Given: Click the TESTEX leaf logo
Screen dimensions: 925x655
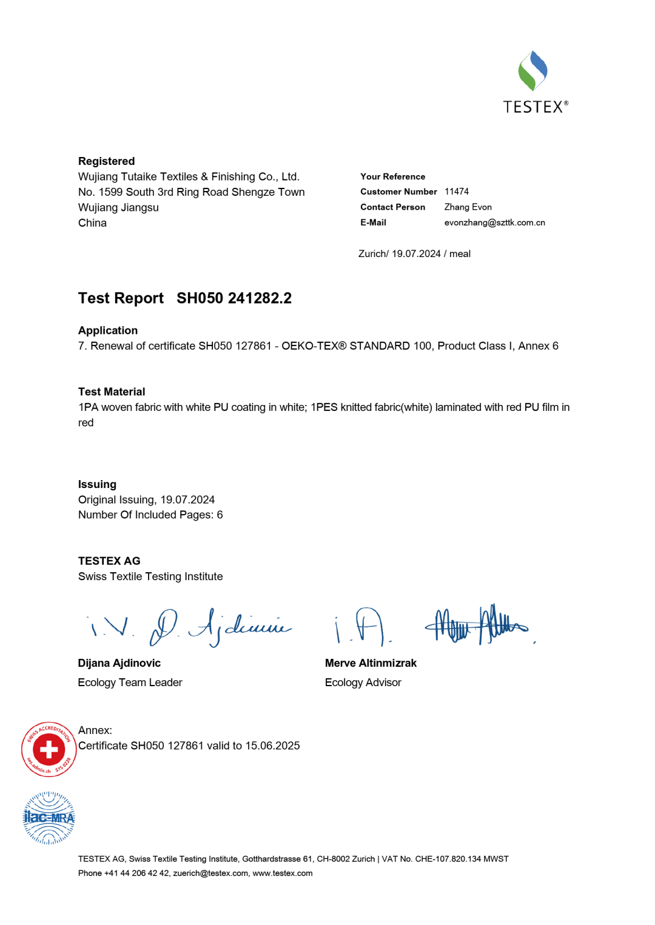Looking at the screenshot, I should pos(532,71).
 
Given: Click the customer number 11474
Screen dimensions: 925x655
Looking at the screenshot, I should pos(456,192).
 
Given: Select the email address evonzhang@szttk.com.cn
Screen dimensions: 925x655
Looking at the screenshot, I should pos(494,222).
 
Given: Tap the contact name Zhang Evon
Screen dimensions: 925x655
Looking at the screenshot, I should pos(468,207).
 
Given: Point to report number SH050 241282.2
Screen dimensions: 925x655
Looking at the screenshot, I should pos(234,298).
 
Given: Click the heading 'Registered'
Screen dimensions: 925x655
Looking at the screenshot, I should pos(106,161).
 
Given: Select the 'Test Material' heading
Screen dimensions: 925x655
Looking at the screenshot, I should pos(112,392).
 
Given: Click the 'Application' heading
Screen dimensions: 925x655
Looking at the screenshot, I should pos(108,330).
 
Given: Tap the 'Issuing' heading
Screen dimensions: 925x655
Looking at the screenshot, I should pos(97,484).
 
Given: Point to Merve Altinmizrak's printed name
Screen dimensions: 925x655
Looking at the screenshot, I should pos(371,663).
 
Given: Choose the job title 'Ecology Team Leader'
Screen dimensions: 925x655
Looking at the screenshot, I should pos(130,683).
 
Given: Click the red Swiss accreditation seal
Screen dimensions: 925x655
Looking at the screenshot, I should pos(49,750).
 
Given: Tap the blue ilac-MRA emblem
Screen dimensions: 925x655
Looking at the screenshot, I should pos(49,818).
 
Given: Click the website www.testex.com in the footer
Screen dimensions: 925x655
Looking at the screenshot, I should pos(282,873).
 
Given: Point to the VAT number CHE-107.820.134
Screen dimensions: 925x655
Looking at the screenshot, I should pos(448,859).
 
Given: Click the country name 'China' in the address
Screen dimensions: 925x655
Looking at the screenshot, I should pos(92,223).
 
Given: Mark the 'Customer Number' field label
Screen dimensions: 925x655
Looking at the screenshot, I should pos(398,192).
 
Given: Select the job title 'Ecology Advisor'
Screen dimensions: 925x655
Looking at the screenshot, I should pos(363,683).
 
